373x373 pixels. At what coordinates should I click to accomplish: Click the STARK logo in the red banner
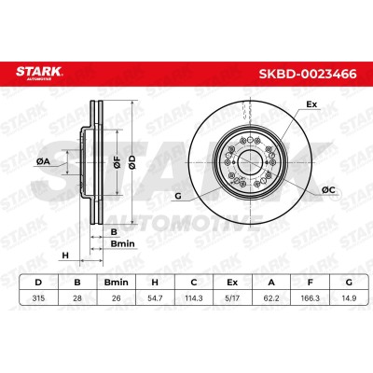pos(39,73)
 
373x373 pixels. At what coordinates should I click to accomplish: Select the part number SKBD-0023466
pos(308,74)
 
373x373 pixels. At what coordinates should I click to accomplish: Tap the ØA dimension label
pos(43,161)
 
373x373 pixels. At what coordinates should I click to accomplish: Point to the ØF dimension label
pos(117,162)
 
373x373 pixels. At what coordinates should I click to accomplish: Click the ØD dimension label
pos(132,162)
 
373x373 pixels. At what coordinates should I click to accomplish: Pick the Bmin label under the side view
pos(122,243)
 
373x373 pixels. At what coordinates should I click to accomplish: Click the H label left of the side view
pos(65,256)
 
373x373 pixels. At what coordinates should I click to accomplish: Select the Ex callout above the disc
pos(311,104)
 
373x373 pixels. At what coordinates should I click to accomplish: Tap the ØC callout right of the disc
pos(328,189)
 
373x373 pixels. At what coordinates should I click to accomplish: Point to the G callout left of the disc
pos(178,196)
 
